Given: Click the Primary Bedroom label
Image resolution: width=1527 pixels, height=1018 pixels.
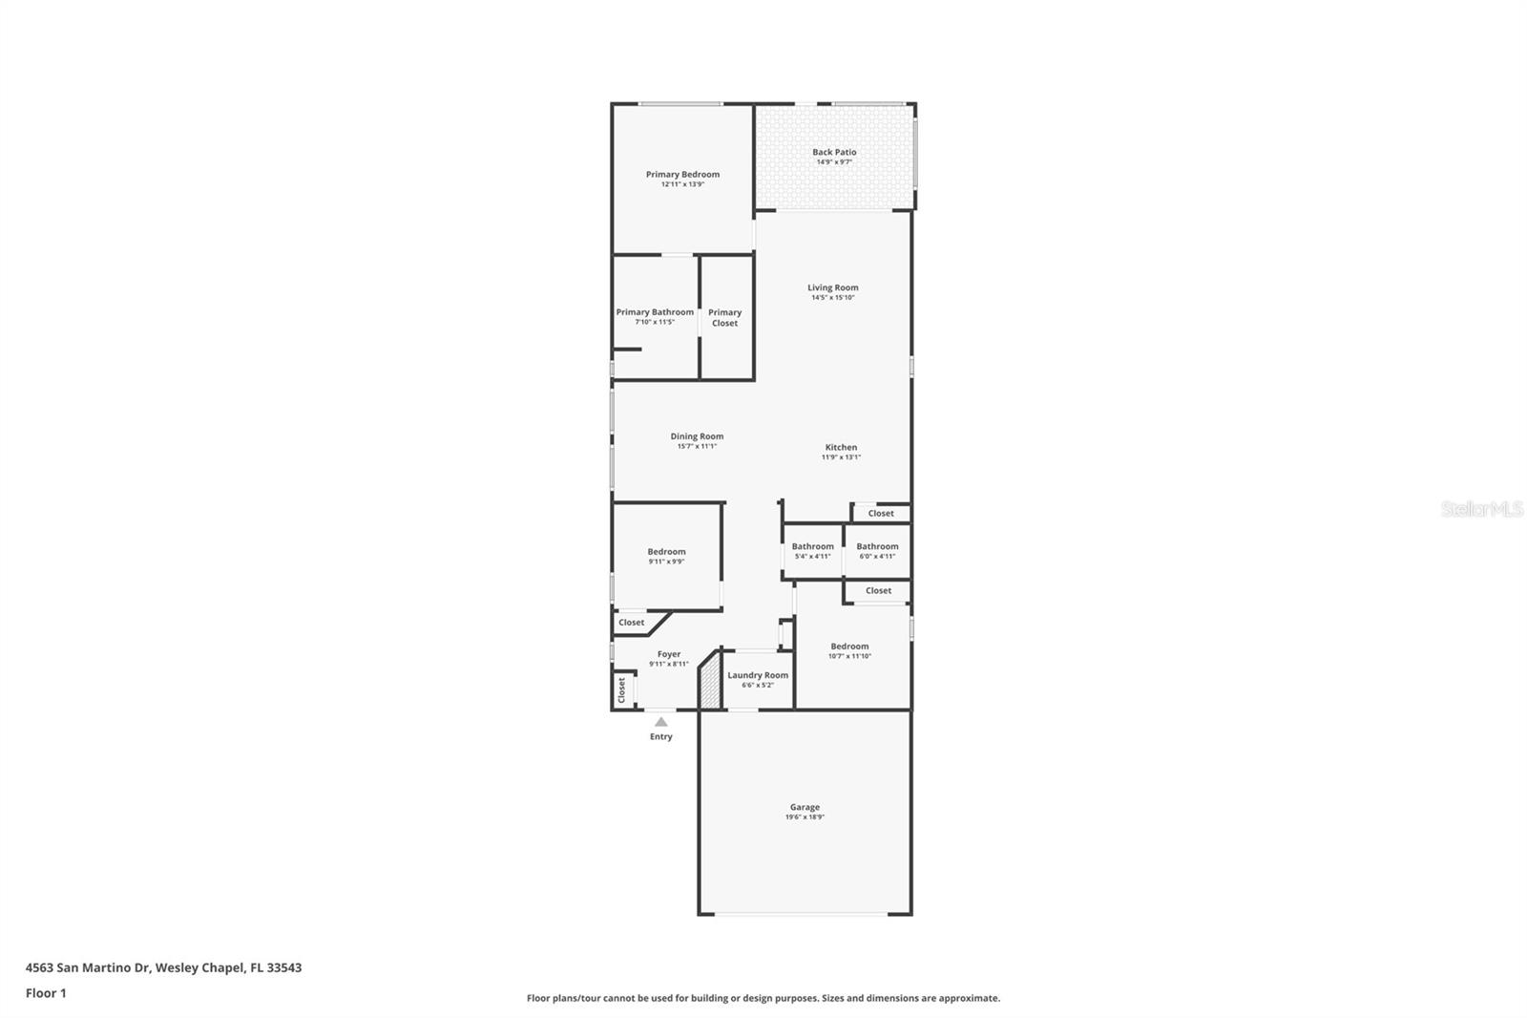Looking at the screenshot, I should coord(682,174).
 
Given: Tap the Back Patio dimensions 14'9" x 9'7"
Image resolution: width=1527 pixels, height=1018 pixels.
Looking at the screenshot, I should coord(834,162).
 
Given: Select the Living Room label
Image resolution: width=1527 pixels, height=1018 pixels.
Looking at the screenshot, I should coord(832,287).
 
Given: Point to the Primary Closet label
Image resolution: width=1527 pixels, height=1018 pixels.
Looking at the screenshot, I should coord(724,317).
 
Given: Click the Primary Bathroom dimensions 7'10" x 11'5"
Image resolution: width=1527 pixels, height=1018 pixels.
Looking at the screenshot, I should coord(655,322).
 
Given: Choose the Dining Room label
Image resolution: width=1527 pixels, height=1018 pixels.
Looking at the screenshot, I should coord(697,436).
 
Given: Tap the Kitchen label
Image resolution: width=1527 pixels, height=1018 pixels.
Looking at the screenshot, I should coord(841,447).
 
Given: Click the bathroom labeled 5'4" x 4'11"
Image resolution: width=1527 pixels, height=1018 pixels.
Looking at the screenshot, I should coord(812,550).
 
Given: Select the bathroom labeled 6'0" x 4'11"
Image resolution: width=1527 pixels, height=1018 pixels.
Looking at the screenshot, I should coord(877,550).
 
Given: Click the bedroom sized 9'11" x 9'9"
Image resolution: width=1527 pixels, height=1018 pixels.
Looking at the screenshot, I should coord(666,555).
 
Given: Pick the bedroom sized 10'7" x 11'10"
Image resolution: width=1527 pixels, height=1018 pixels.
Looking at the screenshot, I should coord(849,650).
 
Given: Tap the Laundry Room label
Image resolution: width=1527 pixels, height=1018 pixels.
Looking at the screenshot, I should coord(758,675).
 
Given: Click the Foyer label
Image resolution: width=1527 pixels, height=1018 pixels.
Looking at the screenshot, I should coord(669,654).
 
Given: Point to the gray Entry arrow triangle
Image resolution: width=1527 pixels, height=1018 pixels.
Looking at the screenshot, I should coord(661,722).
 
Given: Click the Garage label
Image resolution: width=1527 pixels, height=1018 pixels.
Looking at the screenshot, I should coord(805,807).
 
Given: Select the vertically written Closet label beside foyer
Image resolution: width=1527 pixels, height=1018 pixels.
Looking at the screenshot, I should coord(621,689).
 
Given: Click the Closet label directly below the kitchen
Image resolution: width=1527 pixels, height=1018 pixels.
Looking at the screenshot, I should coord(881,513).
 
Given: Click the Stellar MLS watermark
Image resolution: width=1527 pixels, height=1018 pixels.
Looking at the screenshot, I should coord(1481,509).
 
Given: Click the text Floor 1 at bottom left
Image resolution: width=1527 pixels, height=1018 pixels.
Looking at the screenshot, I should coord(46,993).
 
